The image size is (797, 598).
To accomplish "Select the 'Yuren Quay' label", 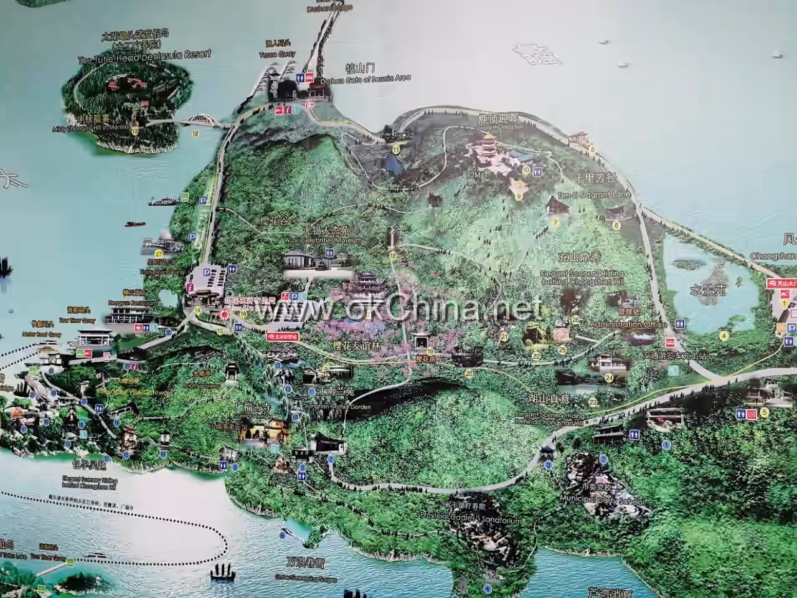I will (271, 54).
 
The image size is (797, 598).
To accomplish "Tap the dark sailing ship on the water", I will (222, 571).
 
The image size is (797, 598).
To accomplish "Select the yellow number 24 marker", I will (610, 377).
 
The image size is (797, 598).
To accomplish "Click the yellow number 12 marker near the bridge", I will (195, 133).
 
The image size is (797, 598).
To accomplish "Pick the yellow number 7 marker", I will (554, 222).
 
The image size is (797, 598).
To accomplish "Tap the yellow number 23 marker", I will (593, 402).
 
